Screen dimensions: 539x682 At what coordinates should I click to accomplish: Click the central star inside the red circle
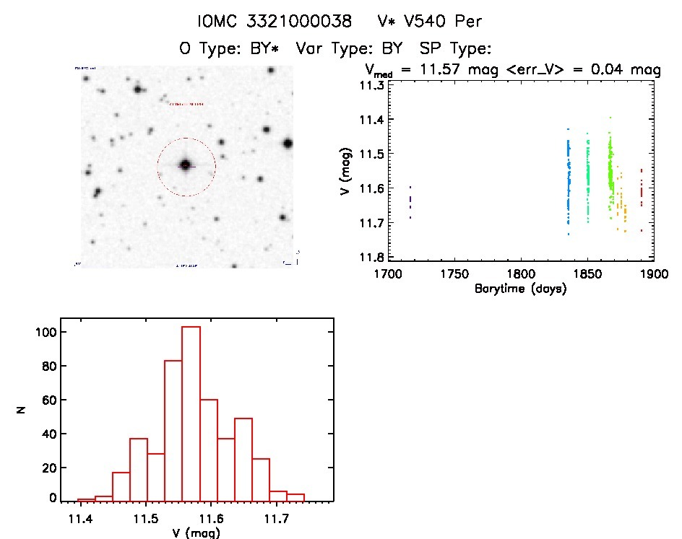point(186,165)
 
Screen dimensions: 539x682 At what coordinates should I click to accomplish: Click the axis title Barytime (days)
point(520,289)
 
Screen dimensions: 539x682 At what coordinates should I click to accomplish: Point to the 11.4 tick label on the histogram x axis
point(81,518)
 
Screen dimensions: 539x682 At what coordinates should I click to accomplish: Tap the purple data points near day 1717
point(410,202)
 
